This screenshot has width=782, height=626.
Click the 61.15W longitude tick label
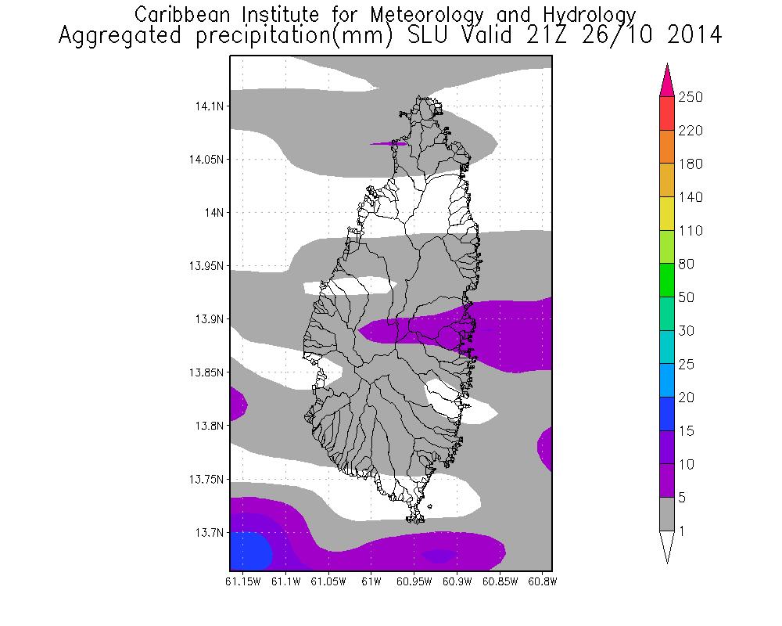point(242,582)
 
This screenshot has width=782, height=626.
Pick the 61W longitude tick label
point(371,582)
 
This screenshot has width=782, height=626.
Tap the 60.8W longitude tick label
point(542,582)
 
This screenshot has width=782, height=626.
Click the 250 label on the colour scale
point(691,97)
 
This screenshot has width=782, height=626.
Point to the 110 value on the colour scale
point(691,231)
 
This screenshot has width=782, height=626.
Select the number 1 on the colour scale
point(683,531)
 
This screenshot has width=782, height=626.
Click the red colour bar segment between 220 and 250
point(666,113)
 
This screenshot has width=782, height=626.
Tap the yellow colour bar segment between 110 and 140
point(666,214)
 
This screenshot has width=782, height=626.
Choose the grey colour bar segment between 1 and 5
point(666,514)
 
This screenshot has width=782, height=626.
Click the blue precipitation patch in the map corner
point(249,551)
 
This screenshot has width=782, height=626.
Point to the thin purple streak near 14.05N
point(389,143)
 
